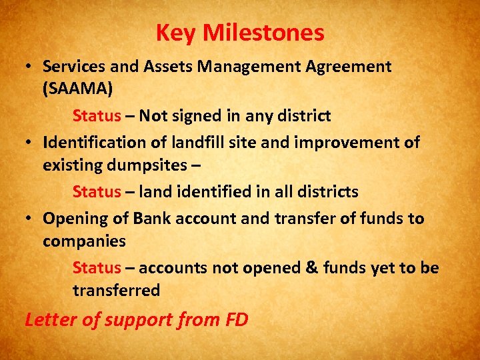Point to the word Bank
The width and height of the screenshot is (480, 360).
(x=152, y=218)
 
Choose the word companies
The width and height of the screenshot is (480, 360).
(x=84, y=241)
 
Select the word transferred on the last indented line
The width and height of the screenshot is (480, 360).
(x=117, y=290)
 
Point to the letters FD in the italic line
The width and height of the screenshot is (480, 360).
(x=237, y=319)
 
